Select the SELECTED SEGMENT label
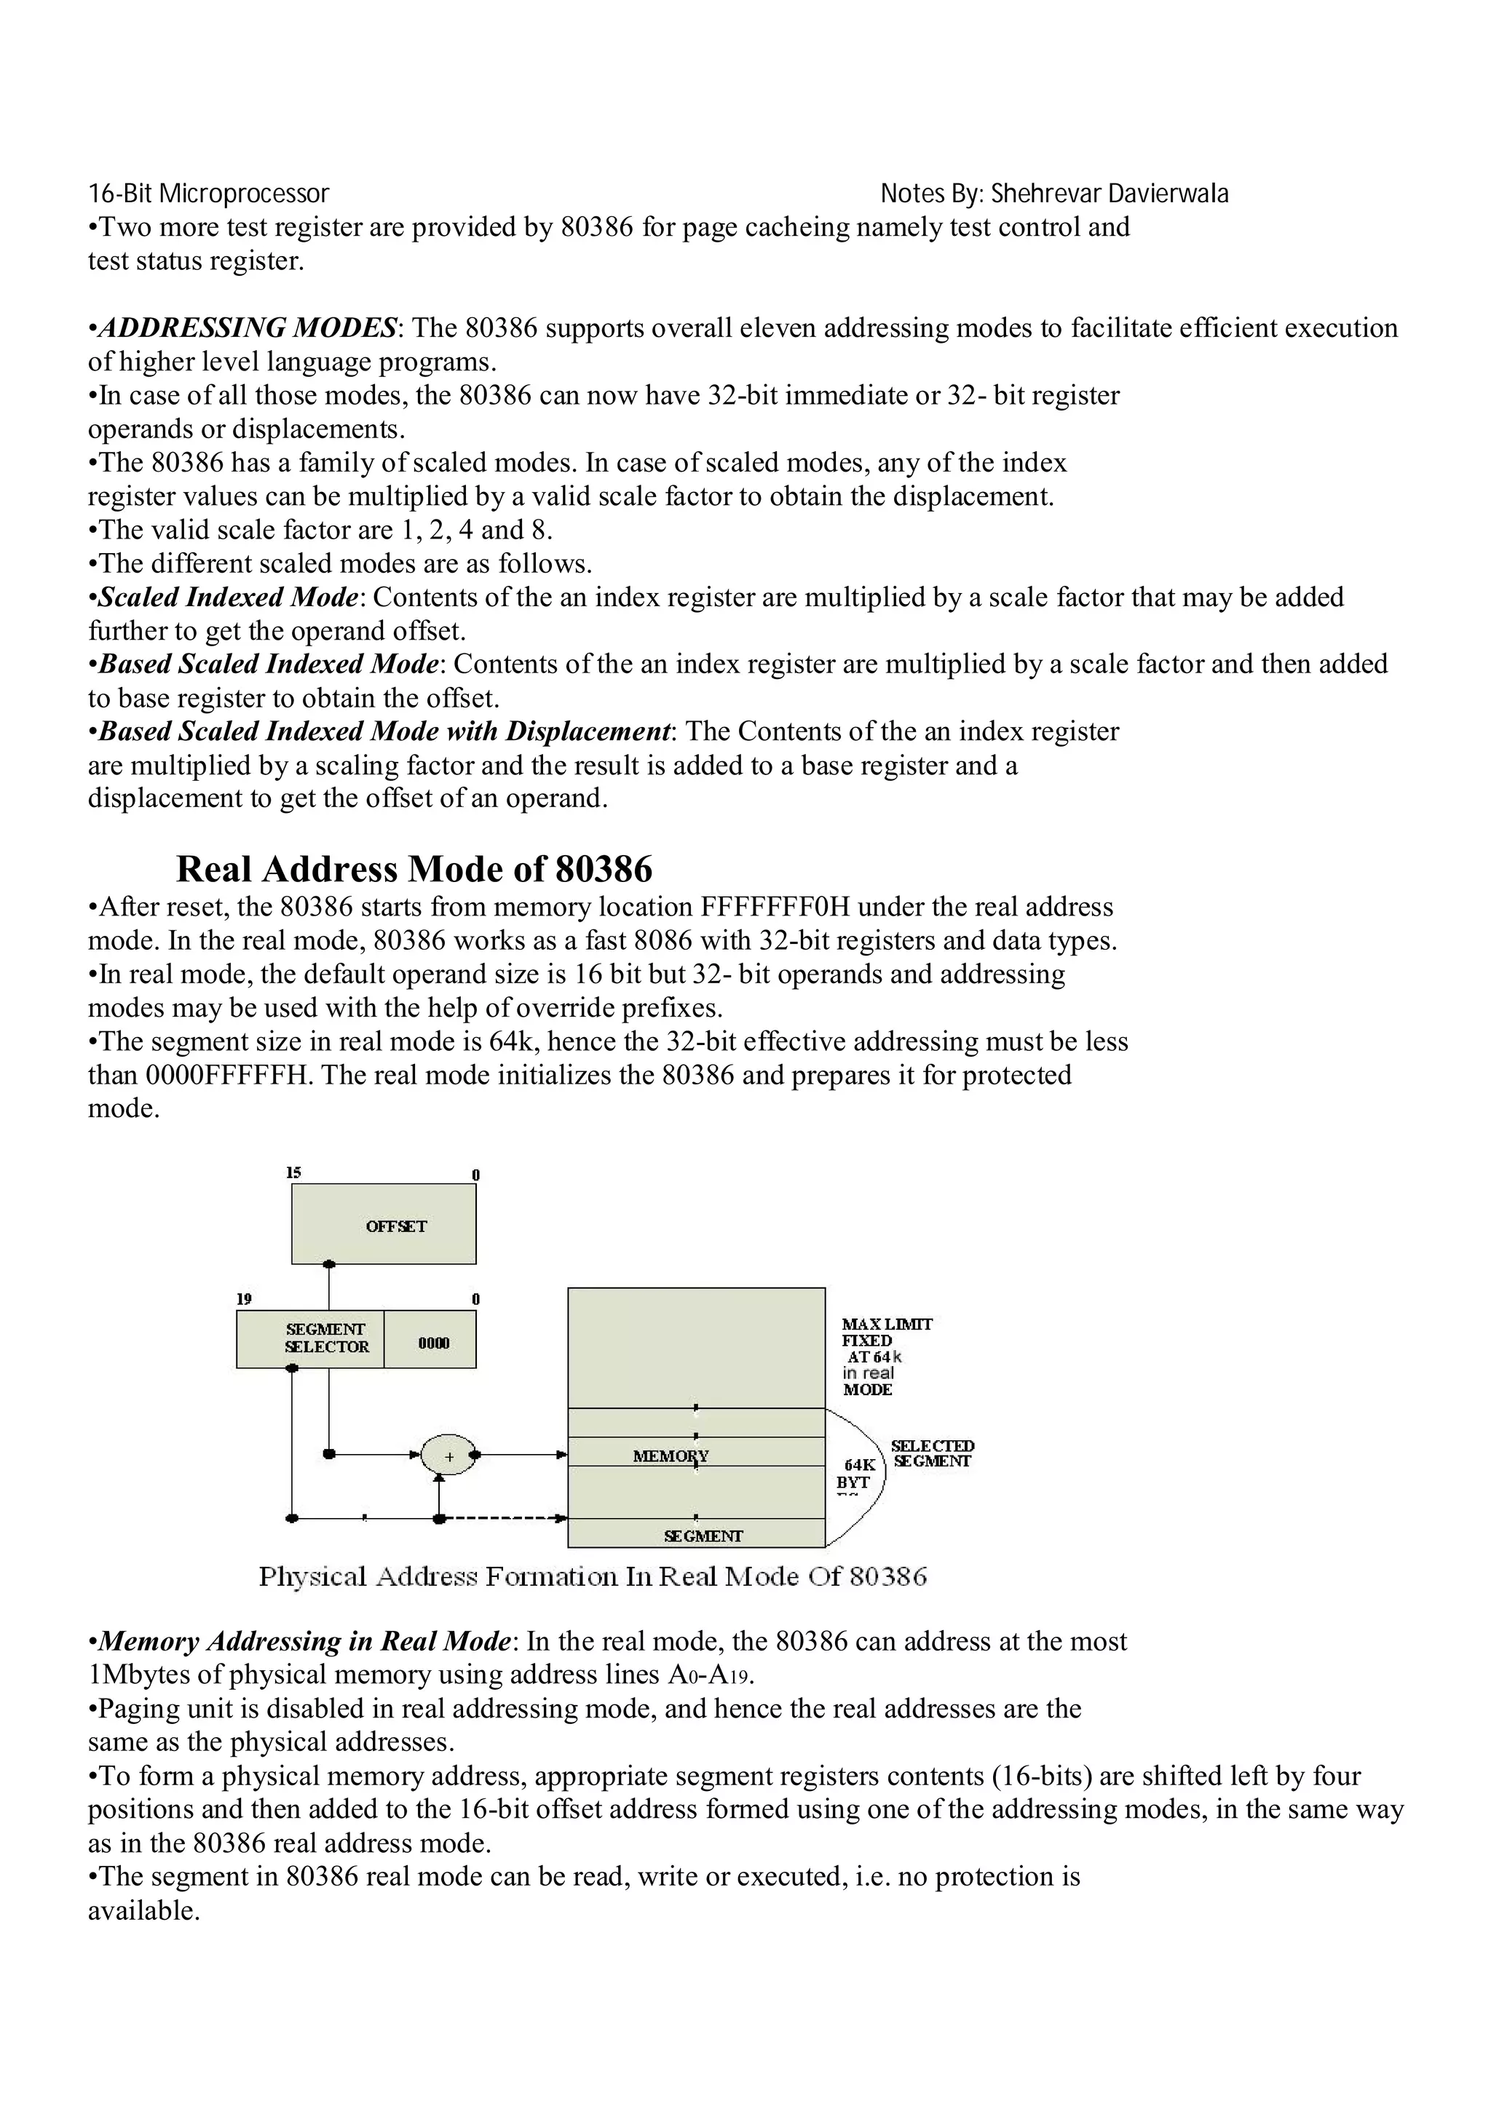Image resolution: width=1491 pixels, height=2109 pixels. (932, 1453)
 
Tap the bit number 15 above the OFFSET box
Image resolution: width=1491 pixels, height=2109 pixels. (293, 1172)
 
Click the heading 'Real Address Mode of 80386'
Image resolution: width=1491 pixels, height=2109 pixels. (414, 868)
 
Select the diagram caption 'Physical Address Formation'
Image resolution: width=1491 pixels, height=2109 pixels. (593, 1576)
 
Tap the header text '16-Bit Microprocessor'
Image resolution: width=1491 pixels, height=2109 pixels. (208, 194)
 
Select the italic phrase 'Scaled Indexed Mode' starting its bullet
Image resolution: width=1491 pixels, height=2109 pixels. (227, 597)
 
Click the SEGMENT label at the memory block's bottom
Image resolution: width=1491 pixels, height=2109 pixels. (703, 1536)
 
